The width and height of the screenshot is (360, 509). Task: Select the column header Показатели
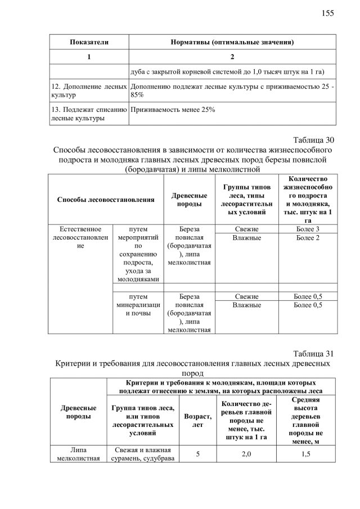[x=89, y=42]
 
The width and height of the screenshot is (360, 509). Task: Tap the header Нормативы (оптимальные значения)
[x=232, y=42]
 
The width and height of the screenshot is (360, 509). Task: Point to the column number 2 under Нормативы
[x=232, y=57]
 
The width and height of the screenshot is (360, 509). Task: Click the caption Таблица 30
[x=314, y=140]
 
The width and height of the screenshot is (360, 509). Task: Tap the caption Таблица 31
[x=314, y=353]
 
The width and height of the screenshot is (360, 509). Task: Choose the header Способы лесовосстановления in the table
[x=106, y=199]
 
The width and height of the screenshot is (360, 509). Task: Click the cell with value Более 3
[x=308, y=229]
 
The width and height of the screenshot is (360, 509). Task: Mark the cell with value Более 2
[x=308, y=238]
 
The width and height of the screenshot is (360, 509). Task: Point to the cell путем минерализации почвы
[x=138, y=305]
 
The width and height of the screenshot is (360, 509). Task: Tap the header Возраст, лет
[x=198, y=421]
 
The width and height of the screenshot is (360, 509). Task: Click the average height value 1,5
[x=306, y=454]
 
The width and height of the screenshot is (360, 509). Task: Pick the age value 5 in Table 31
[x=198, y=454]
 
